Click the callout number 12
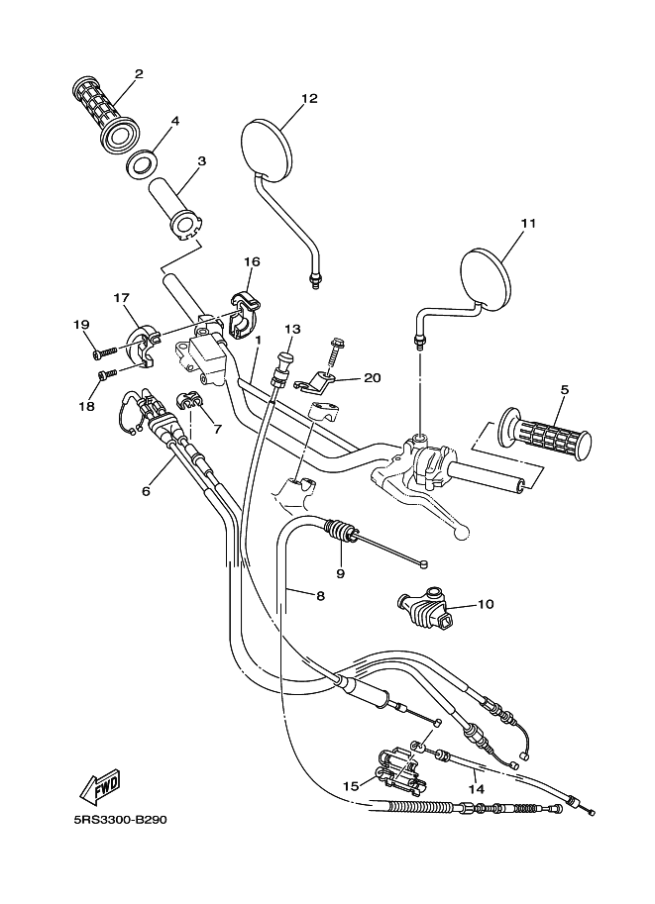pyautogui.click(x=309, y=99)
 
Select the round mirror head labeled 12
pyautogui.click(x=267, y=147)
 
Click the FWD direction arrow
pyautogui.click(x=100, y=788)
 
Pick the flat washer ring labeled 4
pyautogui.click(x=141, y=162)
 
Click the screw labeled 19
pyautogui.click(x=103, y=352)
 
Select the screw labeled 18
pyautogui.click(x=108, y=374)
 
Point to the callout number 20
pyautogui.click(x=373, y=377)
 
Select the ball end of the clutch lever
pyautogui.click(x=460, y=534)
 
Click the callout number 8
pyautogui.click(x=321, y=595)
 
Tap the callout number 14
pyautogui.click(x=477, y=789)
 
